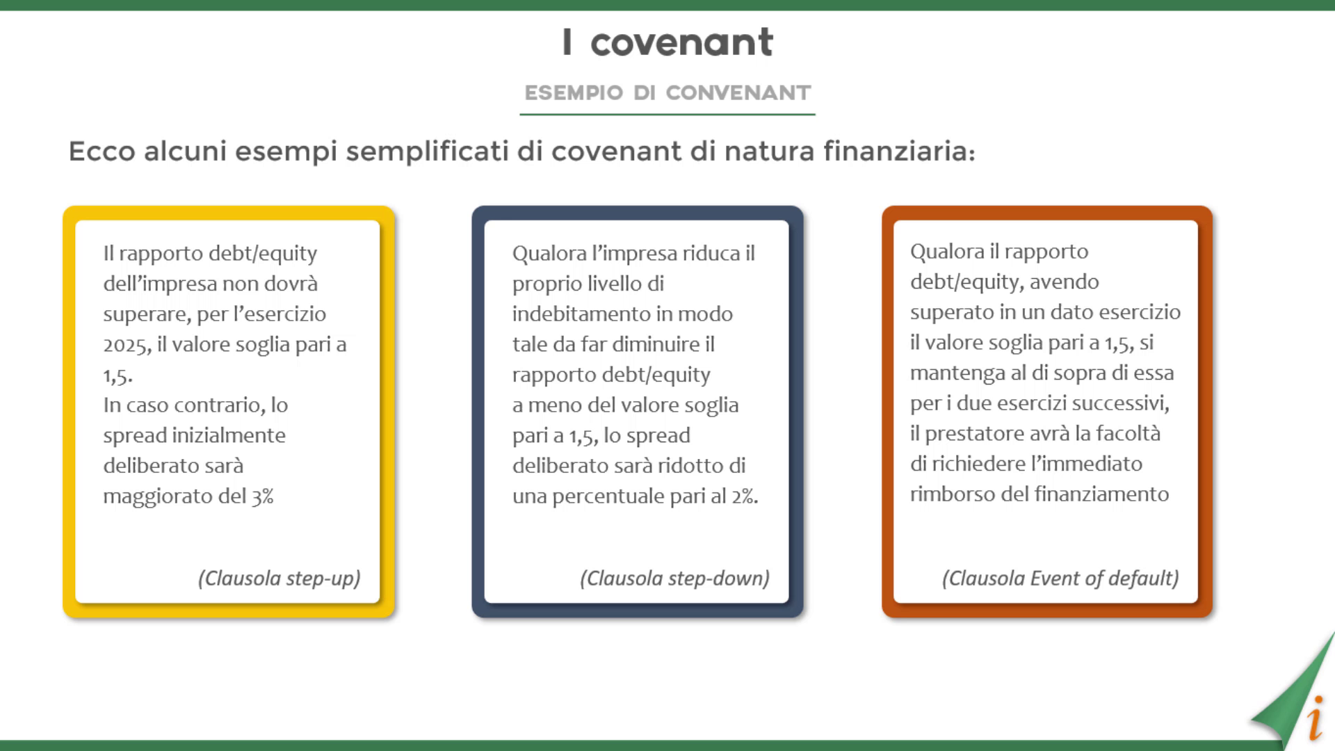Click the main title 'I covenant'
(667, 42)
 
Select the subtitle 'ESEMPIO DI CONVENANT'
(667, 92)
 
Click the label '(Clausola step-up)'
(280, 579)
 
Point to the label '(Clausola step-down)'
(675, 579)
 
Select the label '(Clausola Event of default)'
(1061, 579)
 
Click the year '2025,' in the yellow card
(127, 345)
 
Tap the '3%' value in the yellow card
(263, 496)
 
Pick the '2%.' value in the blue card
(745, 496)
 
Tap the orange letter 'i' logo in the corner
(1315, 718)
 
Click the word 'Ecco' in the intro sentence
(102, 150)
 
